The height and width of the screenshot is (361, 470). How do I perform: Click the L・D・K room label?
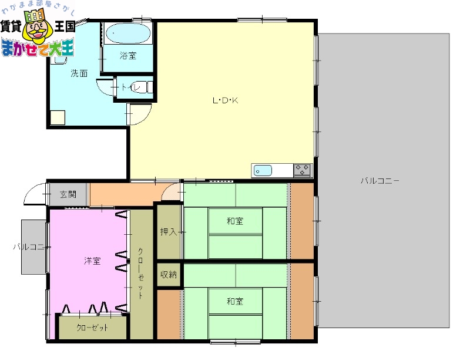225,100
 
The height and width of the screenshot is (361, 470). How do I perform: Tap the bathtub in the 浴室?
127,33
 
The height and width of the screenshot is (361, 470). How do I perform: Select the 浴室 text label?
127,56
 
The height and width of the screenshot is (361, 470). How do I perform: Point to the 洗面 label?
79,73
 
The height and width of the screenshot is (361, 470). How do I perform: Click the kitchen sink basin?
263,171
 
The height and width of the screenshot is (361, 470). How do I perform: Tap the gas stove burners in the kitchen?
302,170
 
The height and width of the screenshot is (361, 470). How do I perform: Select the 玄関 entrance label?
68,195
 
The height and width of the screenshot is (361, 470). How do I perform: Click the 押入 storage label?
169,232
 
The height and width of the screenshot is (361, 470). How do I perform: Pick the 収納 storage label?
169,275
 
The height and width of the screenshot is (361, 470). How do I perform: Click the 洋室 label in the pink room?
92,261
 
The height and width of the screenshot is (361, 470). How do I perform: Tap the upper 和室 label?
235,221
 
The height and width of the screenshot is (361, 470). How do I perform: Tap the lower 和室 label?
235,302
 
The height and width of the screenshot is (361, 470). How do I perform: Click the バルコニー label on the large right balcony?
380,181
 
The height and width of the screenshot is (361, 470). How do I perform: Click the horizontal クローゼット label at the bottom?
92,328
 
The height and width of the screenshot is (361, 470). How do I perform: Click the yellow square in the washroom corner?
58,117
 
